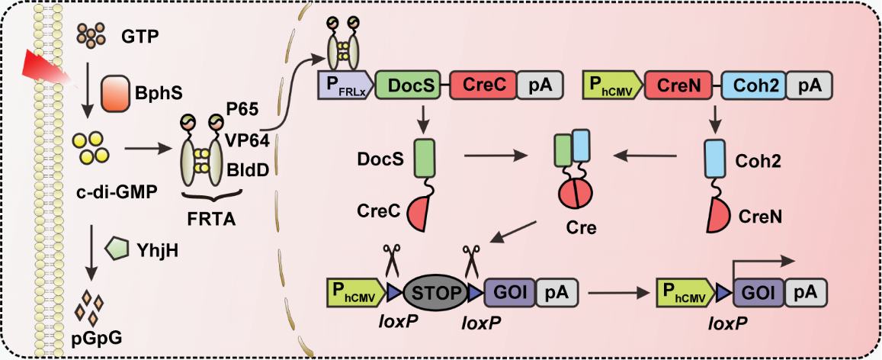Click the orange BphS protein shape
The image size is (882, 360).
(118, 90)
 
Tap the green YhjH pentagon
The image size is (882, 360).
(117, 248)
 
